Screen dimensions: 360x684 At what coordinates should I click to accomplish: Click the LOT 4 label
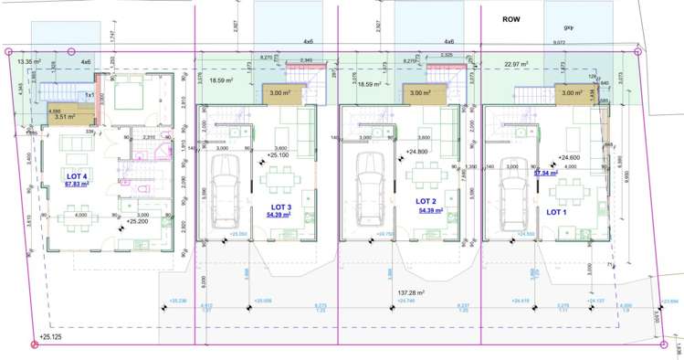[x=77, y=175]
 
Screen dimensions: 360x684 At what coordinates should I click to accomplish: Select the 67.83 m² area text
[x=77, y=184]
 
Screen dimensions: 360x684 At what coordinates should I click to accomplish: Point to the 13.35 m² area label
[x=30, y=62]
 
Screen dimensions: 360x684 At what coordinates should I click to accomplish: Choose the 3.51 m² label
[x=65, y=116]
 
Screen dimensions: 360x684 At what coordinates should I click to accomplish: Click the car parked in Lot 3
[x=225, y=190]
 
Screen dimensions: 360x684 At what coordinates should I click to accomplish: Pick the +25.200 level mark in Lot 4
[x=138, y=220]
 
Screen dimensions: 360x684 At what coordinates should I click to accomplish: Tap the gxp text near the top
[x=569, y=27]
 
